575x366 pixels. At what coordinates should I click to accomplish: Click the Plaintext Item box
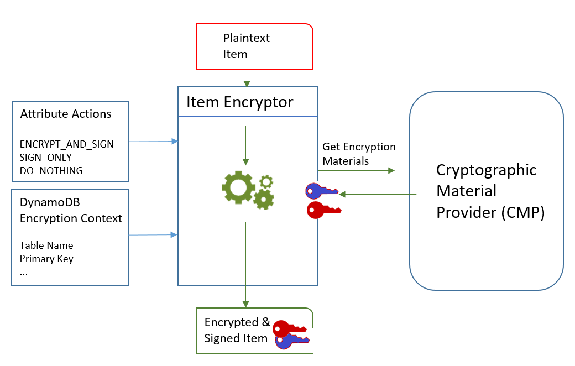[254, 46]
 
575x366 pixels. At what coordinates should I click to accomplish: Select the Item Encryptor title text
[240, 102]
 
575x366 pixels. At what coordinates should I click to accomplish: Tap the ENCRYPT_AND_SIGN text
[66, 144]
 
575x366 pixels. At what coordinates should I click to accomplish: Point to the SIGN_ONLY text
[45, 158]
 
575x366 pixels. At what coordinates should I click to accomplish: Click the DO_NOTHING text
[51, 171]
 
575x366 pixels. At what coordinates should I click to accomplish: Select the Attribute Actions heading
[66, 114]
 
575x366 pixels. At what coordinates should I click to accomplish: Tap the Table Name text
[46, 245]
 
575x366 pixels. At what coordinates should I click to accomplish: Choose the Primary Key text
[46, 259]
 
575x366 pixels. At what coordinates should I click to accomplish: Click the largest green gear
[238, 187]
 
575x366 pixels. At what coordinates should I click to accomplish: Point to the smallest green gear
[266, 181]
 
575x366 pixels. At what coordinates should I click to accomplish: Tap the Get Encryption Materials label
[359, 154]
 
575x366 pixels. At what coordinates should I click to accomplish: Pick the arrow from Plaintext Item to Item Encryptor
[247, 79]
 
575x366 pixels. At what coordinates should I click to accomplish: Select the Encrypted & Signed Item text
[237, 330]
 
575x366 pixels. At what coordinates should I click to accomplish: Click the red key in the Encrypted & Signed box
[289, 328]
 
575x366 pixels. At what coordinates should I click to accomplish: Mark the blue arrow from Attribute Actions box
[153, 142]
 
